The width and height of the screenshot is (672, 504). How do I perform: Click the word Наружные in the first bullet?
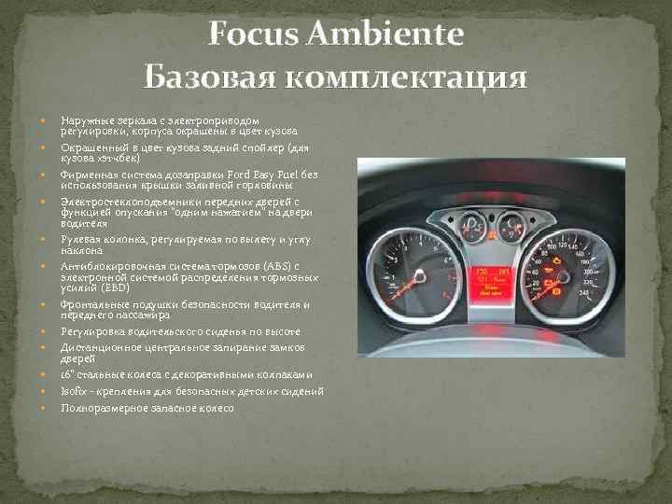tap(86, 120)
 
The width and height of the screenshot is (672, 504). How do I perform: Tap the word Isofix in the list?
tap(73, 391)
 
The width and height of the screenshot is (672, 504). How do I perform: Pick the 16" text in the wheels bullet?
tap(68, 374)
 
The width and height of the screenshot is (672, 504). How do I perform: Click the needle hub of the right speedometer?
tap(563, 277)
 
